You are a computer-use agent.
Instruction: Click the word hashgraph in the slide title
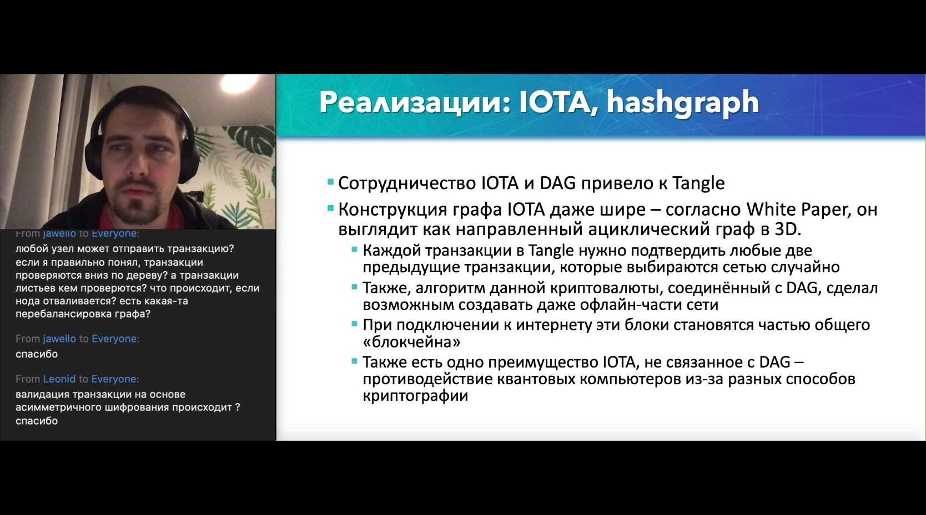pyautogui.click(x=683, y=103)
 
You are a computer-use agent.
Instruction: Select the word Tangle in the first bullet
pyautogui.click(x=698, y=183)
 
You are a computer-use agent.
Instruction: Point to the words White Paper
pyautogui.click(x=797, y=210)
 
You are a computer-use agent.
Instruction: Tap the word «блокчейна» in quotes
pyautogui.click(x=412, y=342)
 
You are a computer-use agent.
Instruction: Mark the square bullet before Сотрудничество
pyautogui.click(x=330, y=182)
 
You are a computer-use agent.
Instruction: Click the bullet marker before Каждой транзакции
pyautogui.click(x=354, y=249)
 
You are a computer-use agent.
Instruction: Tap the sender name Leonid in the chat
pyautogui.click(x=59, y=379)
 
